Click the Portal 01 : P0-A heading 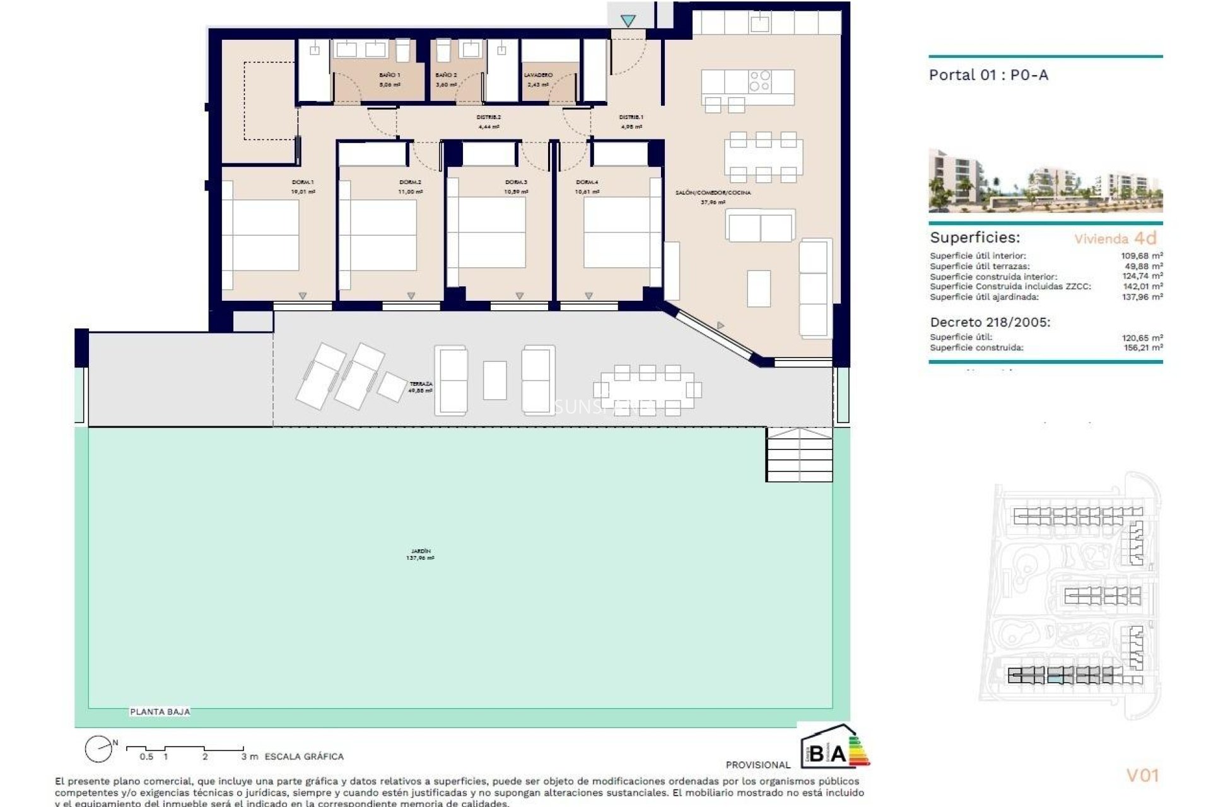(988, 75)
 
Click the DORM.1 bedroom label (303, 182)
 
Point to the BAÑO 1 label (389, 75)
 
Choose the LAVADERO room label (538, 75)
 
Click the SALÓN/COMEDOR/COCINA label (713, 193)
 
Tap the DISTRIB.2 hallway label (488, 117)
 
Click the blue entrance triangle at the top (628, 21)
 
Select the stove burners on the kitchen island (759, 81)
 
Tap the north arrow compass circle (98, 749)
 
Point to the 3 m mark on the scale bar (249, 756)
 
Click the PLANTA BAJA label (160, 712)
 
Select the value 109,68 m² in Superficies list (1142, 256)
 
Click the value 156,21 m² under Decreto (1142, 347)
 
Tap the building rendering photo (1045, 181)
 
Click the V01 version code (1142, 775)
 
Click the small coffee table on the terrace (494, 380)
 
